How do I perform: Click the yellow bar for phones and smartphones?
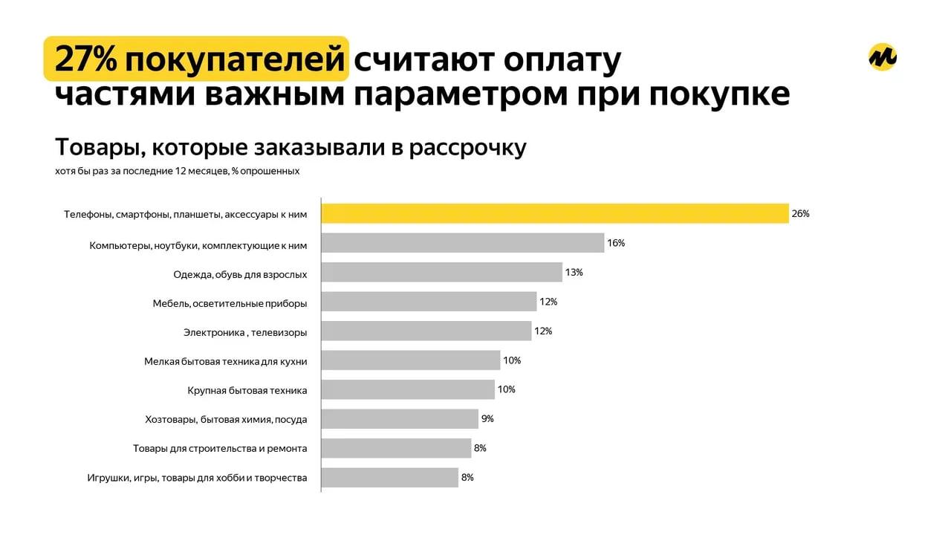coord(554,213)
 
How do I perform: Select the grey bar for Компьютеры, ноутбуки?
coord(462,243)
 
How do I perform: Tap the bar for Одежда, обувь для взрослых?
coord(441,272)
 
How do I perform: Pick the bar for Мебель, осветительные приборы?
coord(429,302)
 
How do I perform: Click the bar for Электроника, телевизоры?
coord(426,331)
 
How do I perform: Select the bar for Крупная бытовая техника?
coord(408,389)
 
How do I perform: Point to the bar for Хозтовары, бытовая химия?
coord(400,418)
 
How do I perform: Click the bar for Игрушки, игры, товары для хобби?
coord(389,477)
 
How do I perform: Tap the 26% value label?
coord(800,213)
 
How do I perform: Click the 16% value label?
coord(616,243)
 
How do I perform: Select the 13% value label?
coord(574,272)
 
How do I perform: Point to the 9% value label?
coord(487,418)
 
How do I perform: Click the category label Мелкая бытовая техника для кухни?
coord(225,361)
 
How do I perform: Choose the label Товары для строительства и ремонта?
coord(220,448)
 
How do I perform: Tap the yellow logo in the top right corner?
coord(883,57)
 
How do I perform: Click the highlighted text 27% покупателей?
coord(196,59)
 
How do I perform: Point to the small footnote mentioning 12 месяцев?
coord(177,171)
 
